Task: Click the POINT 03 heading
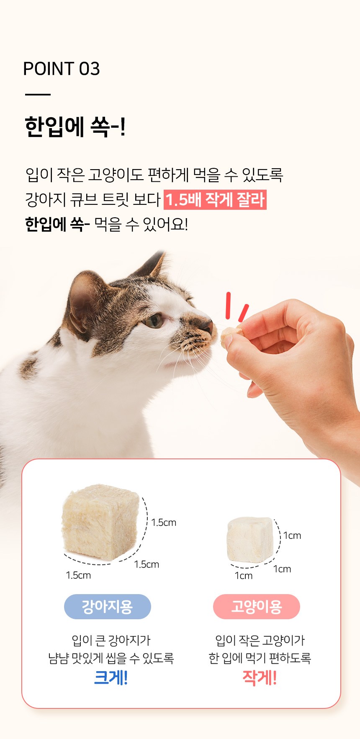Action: [62, 69]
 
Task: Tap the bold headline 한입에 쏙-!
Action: [75, 126]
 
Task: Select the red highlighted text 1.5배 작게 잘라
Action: [215, 199]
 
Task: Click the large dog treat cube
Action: [100, 522]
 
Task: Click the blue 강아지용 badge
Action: [107, 607]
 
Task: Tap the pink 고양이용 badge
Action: [257, 607]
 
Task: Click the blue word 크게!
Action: [111, 677]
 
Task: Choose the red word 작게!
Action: [260, 677]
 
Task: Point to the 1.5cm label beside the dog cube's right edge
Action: [164, 523]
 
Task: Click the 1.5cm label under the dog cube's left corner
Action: [78, 575]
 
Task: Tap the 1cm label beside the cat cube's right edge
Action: [292, 536]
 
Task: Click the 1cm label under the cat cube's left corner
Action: [244, 576]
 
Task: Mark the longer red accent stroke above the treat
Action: [229, 306]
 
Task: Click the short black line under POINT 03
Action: [38, 95]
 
